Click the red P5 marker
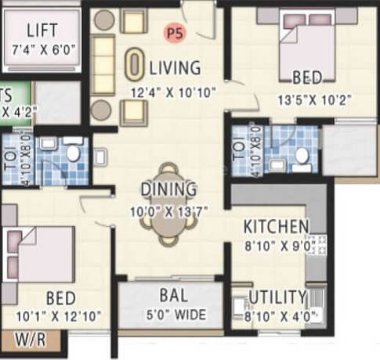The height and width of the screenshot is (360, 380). [174, 32]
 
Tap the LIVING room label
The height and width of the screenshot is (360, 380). [176, 68]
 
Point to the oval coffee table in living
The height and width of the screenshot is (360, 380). [136, 64]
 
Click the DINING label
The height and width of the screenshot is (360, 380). [168, 189]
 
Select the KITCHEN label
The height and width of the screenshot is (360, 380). [275, 227]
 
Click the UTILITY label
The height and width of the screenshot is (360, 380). [277, 297]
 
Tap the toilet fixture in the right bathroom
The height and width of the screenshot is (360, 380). [301, 156]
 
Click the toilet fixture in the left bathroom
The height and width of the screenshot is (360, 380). [74, 153]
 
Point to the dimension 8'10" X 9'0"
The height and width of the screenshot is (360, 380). [275, 246]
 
